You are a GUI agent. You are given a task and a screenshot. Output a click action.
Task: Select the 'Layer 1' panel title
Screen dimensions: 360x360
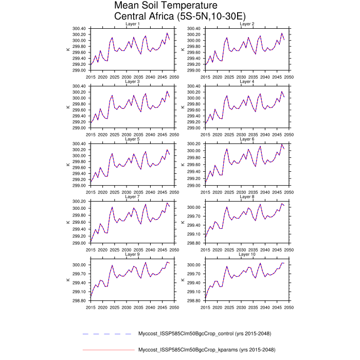point(133,24)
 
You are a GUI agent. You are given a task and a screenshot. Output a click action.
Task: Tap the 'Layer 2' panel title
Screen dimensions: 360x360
point(247,24)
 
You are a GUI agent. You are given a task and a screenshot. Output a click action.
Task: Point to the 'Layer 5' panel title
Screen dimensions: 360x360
point(133,139)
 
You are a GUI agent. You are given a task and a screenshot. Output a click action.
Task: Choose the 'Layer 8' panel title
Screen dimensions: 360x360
point(247,197)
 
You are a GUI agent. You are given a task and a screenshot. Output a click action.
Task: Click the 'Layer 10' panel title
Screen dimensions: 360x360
point(247,255)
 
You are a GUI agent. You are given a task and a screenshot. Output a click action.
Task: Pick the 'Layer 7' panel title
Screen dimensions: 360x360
point(133,197)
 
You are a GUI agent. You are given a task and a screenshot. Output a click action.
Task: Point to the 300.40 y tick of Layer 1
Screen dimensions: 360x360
point(81,28)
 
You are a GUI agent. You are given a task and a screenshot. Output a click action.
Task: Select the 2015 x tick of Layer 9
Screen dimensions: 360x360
point(91,307)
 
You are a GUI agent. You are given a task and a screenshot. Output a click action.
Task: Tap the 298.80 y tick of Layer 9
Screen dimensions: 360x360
point(81,301)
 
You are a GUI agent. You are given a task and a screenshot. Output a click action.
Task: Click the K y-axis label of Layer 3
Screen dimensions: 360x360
point(68,107)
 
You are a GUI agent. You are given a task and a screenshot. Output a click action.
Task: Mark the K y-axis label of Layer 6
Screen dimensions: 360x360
point(183,165)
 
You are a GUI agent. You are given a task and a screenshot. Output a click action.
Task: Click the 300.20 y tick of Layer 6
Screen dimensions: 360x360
point(195,143)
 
